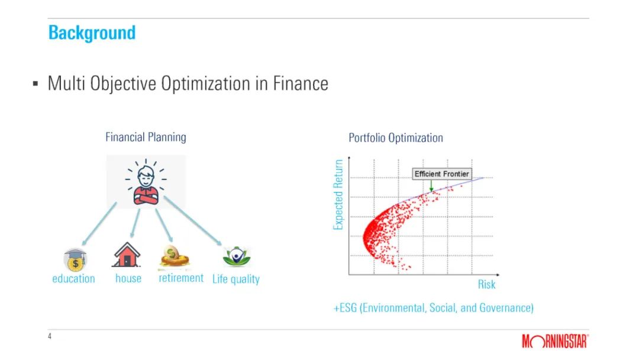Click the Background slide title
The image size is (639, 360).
coord(92,33)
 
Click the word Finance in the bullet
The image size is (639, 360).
coord(301,83)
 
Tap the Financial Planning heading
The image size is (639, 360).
coord(146,137)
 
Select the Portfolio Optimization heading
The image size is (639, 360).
coord(396,138)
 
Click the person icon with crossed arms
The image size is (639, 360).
coord(146,182)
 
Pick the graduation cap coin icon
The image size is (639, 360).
coord(75,260)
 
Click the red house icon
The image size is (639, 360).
coord(127,255)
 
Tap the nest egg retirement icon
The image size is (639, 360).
coord(175,257)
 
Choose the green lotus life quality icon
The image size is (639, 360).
coord(236,256)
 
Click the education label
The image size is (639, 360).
coord(73,279)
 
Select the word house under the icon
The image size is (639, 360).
coord(128,278)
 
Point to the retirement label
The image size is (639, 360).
coord(181,278)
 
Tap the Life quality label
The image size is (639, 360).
coord(236,279)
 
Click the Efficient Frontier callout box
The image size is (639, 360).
coord(442,174)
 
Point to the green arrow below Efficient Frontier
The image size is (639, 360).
coord(431,185)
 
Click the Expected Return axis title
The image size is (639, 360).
coord(338,194)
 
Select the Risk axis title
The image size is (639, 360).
coord(486,285)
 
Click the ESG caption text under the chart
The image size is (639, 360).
coord(433,308)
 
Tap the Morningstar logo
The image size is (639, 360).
coord(555,341)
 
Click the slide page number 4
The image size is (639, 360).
coord(50,336)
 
